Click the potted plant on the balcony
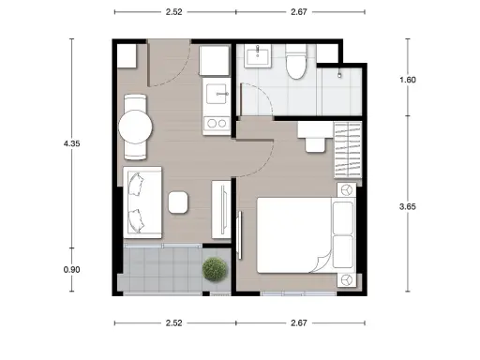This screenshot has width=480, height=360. pyautogui.click(x=215, y=269)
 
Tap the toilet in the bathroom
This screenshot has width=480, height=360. pyautogui.click(x=296, y=62)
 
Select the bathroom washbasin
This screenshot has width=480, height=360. pyautogui.click(x=258, y=56)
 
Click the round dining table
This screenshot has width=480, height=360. pyautogui.click(x=135, y=127)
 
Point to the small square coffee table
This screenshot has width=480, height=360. pyautogui.click(x=178, y=202)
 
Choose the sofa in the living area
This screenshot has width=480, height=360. pyautogui.click(x=142, y=202)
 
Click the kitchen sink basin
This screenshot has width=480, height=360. pyautogui.click(x=217, y=94)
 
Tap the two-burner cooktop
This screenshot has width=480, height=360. pyautogui.click(x=217, y=123)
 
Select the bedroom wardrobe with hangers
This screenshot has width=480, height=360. pyautogui.click(x=348, y=150)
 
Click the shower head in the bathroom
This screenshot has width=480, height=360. pyautogui.click(x=339, y=75)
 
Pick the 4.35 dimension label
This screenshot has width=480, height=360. pyautogui.click(x=71, y=143)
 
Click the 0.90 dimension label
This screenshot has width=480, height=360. pyautogui.click(x=71, y=269)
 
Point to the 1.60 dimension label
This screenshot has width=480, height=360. pyautogui.click(x=408, y=80)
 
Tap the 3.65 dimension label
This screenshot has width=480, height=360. pyautogui.click(x=408, y=206)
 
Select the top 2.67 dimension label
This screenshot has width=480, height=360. pyautogui.click(x=299, y=12)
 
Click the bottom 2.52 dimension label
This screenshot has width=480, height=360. pyautogui.click(x=174, y=322)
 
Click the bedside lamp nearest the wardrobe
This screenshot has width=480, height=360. pyautogui.click(x=347, y=190)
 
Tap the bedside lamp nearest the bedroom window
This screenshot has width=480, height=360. pyautogui.click(x=347, y=279)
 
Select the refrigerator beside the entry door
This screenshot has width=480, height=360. pyautogui.click(x=215, y=61)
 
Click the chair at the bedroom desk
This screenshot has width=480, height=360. pyautogui.click(x=315, y=145)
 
